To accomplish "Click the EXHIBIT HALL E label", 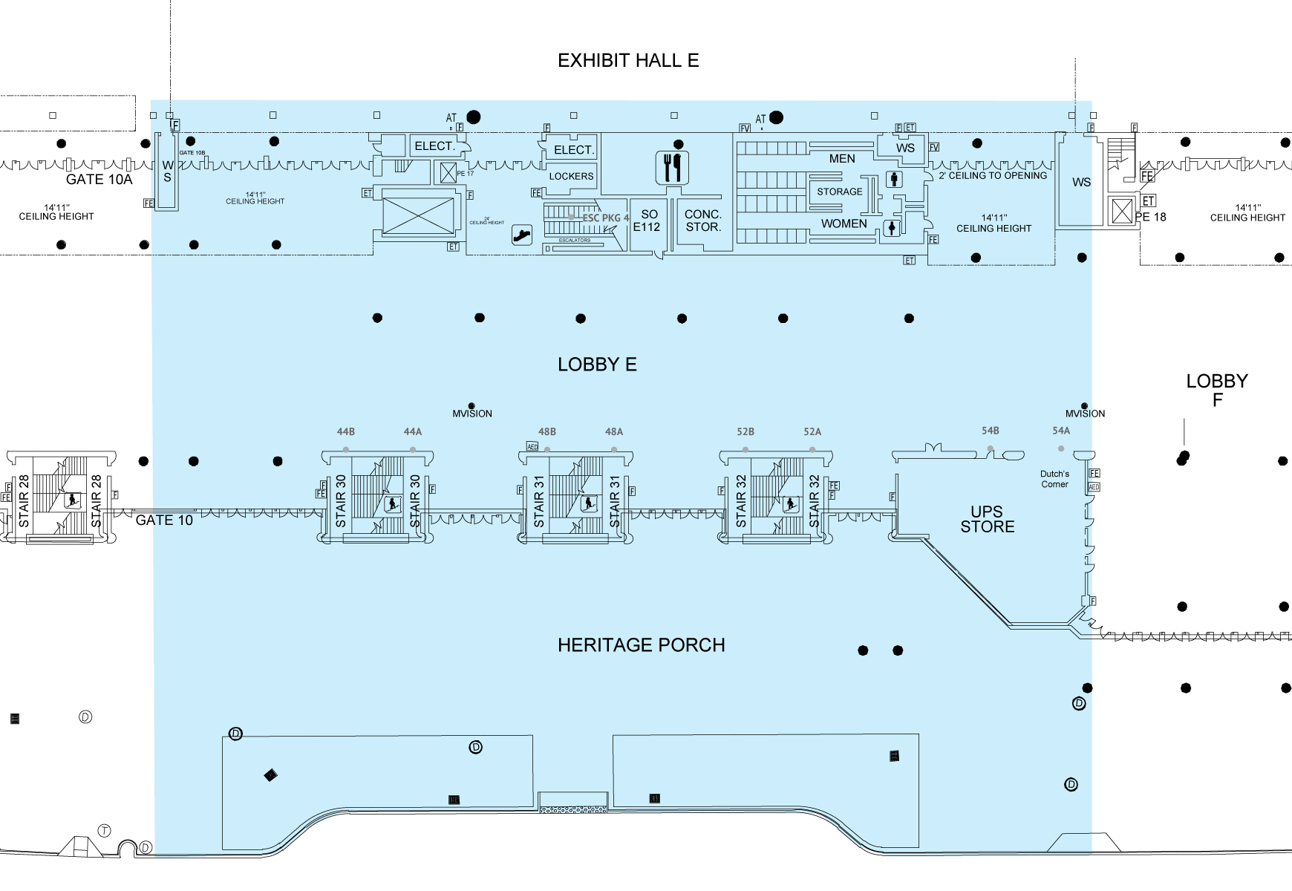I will tap(628, 61).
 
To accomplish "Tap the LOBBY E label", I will tap(597, 365).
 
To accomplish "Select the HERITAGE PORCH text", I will tap(641, 645).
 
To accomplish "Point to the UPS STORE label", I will tap(987, 519).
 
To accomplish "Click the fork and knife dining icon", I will tap(673, 168).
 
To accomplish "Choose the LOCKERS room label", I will tap(571, 177).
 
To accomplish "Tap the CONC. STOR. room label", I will tap(703, 221).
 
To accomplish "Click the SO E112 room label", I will tap(647, 221).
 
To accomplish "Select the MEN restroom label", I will tap(842, 159).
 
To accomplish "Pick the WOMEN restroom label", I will tap(844, 223).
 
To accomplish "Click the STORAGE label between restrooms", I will tap(840, 192).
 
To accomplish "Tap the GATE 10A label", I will tap(99, 180).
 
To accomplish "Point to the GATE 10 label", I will tap(164, 520).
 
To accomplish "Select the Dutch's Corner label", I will tap(1054, 479).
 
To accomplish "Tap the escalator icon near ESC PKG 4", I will tap(522, 235).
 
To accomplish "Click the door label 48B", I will tap(547, 432).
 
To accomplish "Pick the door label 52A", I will tap(812, 432).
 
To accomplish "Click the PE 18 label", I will tap(1150, 218).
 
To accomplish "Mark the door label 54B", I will tap(990, 431).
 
